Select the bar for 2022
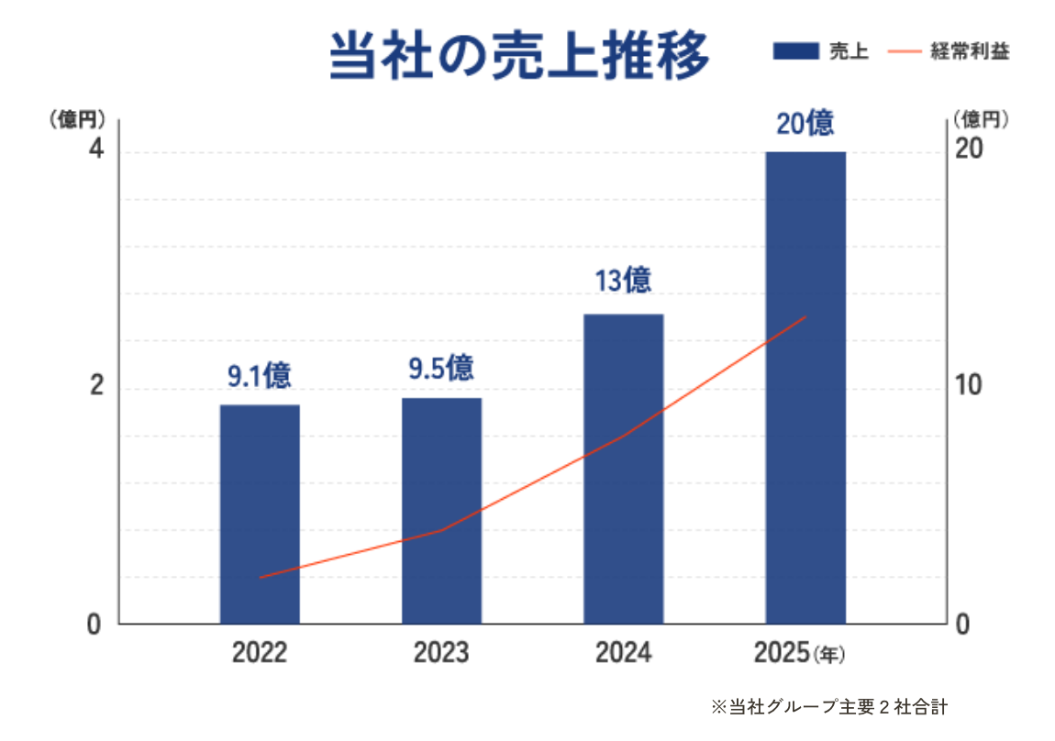[x=260, y=514]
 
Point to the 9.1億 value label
[x=260, y=375]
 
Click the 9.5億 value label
[x=441, y=368]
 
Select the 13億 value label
[x=623, y=281]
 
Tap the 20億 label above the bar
[x=805, y=122]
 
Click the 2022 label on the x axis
[x=260, y=654]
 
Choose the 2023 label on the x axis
[x=441, y=654]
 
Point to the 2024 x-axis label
[x=623, y=654]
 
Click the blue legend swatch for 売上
[x=795, y=51]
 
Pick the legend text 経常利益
[x=970, y=51]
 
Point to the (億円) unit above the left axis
[x=77, y=119]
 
